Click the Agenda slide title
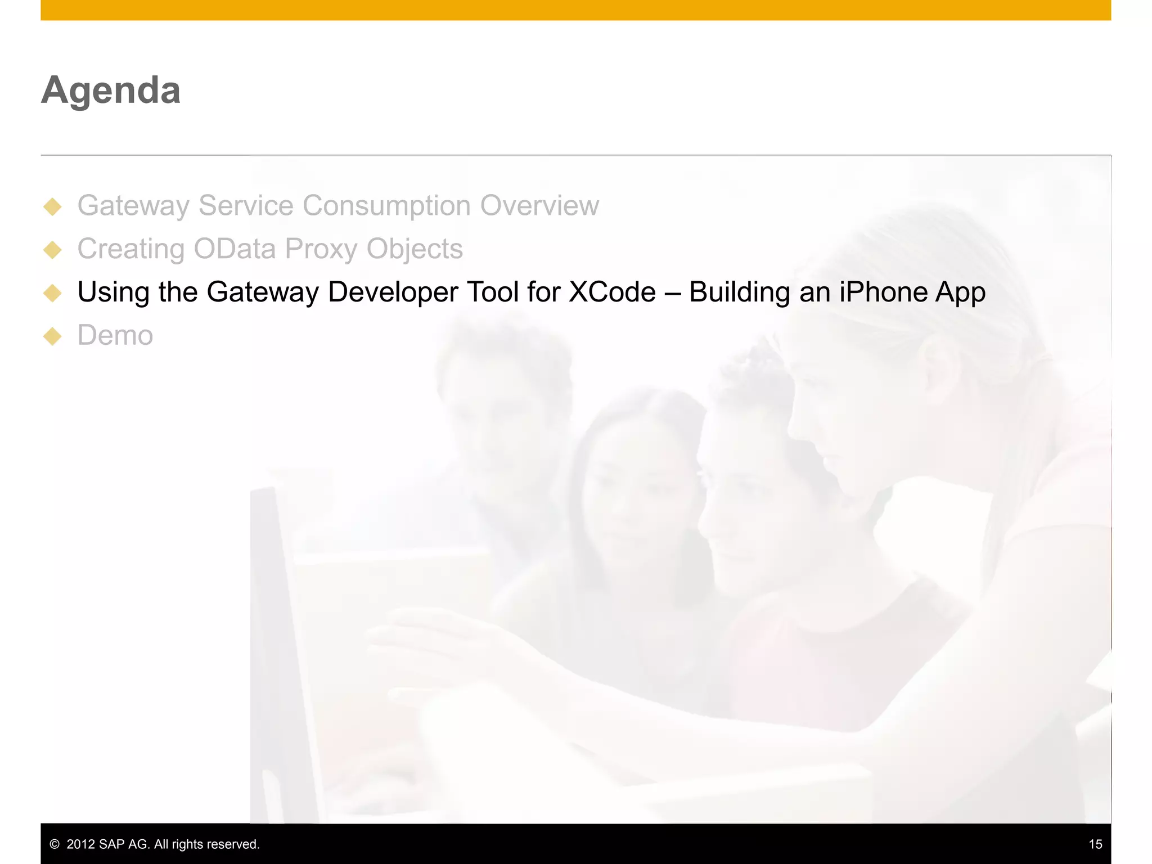point(111,90)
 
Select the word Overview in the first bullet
point(539,205)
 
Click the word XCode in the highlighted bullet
point(612,292)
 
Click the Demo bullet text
point(115,335)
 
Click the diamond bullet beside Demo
point(52,336)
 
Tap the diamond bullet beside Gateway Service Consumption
point(52,206)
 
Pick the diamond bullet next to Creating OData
point(52,250)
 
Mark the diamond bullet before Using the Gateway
point(52,293)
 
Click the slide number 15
point(1095,844)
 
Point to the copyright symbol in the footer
point(55,844)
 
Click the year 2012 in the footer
point(80,844)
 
